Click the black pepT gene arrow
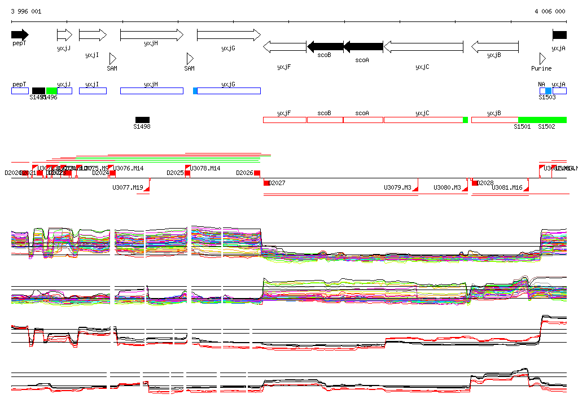coord(20,35)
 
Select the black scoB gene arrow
coord(325,46)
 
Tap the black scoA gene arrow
coord(363,46)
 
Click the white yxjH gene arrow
coord(152,35)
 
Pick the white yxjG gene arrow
coord(229,35)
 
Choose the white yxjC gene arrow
coord(423,46)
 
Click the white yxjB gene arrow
coord(494,46)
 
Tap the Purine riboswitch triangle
coord(542,59)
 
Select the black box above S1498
coord(142,120)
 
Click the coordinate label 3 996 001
coord(26,11)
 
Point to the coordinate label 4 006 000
coord(550,11)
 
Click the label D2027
coord(277,183)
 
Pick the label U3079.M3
coord(397,187)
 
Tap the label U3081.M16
coord(507,187)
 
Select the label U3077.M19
coord(128,187)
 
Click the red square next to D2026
coord(257,173)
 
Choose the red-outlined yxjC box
coord(423,120)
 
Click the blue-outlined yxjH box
coord(151,91)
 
